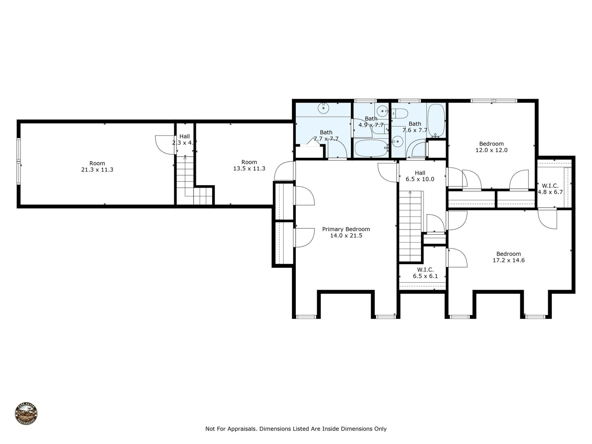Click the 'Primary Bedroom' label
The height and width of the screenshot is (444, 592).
[x=346, y=229]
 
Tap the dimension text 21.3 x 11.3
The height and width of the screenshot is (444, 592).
[x=97, y=170]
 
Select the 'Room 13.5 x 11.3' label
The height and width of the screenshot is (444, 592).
[x=249, y=165]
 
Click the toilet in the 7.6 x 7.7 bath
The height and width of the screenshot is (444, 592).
[x=401, y=113]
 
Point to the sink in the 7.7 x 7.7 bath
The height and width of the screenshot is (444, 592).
[x=323, y=108]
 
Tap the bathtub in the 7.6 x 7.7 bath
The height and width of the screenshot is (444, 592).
[x=436, y=121]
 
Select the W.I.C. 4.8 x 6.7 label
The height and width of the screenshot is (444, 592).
[x=550, y=189]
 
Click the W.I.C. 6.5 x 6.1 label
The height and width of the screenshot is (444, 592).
[x=425, y=273]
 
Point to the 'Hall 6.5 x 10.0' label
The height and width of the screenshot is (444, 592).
[x=420, y=176]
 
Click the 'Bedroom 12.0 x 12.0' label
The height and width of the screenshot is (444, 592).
[x=491, y=147]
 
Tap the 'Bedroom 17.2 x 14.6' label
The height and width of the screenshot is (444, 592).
[x=508, y=257]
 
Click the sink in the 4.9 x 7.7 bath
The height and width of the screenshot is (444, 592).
[x=383, y=110]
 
